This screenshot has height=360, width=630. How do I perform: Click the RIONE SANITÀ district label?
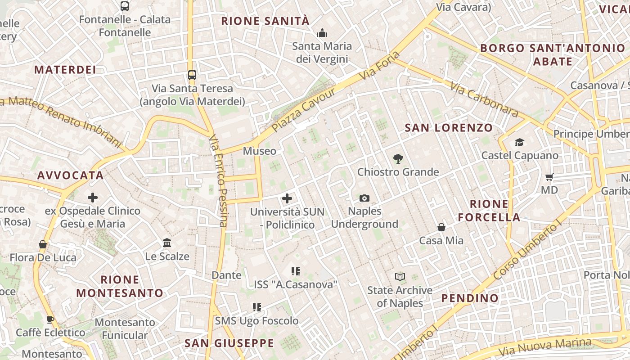pos(265,21)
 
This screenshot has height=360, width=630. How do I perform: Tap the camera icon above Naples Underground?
pos(364,198)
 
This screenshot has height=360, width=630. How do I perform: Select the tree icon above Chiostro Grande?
pos(398,158)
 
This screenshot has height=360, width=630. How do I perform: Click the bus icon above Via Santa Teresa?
pos(192,75)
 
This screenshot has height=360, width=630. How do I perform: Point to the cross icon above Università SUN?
pos(287,198)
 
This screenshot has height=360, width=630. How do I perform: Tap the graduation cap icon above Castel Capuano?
pos(520,143)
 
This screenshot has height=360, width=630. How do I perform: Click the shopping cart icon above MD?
pos(549,177)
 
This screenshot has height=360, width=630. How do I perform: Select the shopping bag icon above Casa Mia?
pos(441,227)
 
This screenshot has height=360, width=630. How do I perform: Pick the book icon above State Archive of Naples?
pos(400,277)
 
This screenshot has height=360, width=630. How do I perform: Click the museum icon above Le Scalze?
pos(167,243)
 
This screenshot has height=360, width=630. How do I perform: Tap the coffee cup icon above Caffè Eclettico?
pos(50,319)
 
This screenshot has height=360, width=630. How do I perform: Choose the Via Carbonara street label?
pos(484,99)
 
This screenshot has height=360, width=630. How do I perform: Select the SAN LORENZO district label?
pos(449,128)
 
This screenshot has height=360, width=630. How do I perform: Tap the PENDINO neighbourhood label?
pos(470,298)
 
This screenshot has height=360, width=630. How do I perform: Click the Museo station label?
pos(260,151)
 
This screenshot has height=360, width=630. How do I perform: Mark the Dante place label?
pos(226,275)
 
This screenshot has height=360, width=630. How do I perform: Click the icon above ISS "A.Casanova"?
pos(296,271)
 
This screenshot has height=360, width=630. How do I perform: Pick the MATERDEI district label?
pos(65,69)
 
